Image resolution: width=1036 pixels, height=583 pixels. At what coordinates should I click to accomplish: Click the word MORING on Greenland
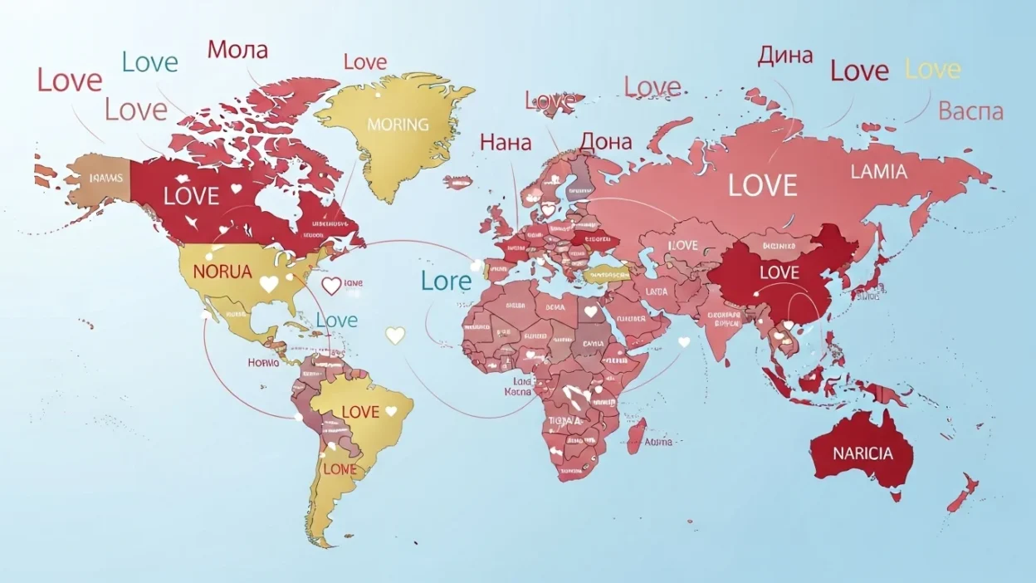coord(398,125)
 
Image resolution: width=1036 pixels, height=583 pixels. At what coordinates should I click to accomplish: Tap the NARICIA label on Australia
coord(863,453)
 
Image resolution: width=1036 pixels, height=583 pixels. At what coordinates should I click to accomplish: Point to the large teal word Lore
coord(446,282)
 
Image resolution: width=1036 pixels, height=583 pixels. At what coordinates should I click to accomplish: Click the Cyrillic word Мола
coord(237,50)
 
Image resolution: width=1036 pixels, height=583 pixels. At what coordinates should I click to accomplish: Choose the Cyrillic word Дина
coord(785,56)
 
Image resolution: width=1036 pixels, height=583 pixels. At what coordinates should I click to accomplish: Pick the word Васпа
coord(970,111)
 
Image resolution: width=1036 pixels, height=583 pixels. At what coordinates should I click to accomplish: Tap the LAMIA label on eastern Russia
coord(879,172)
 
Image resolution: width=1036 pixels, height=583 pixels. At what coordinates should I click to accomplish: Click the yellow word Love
coord(932,70)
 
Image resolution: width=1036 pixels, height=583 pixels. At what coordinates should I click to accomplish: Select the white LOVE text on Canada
coord(192,196)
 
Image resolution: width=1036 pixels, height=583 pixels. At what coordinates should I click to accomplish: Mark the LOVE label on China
coord(779,272)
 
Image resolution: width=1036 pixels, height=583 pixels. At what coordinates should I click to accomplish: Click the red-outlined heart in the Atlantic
coord(330,287)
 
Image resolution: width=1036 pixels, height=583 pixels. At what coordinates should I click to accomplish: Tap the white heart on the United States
coord(268,284)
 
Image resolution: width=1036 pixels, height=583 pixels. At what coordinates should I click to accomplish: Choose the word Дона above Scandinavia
coord(605,142)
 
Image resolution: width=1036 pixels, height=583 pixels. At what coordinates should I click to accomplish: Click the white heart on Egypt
coord(590,312)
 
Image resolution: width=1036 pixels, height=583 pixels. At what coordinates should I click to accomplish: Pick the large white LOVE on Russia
coord(763,185)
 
